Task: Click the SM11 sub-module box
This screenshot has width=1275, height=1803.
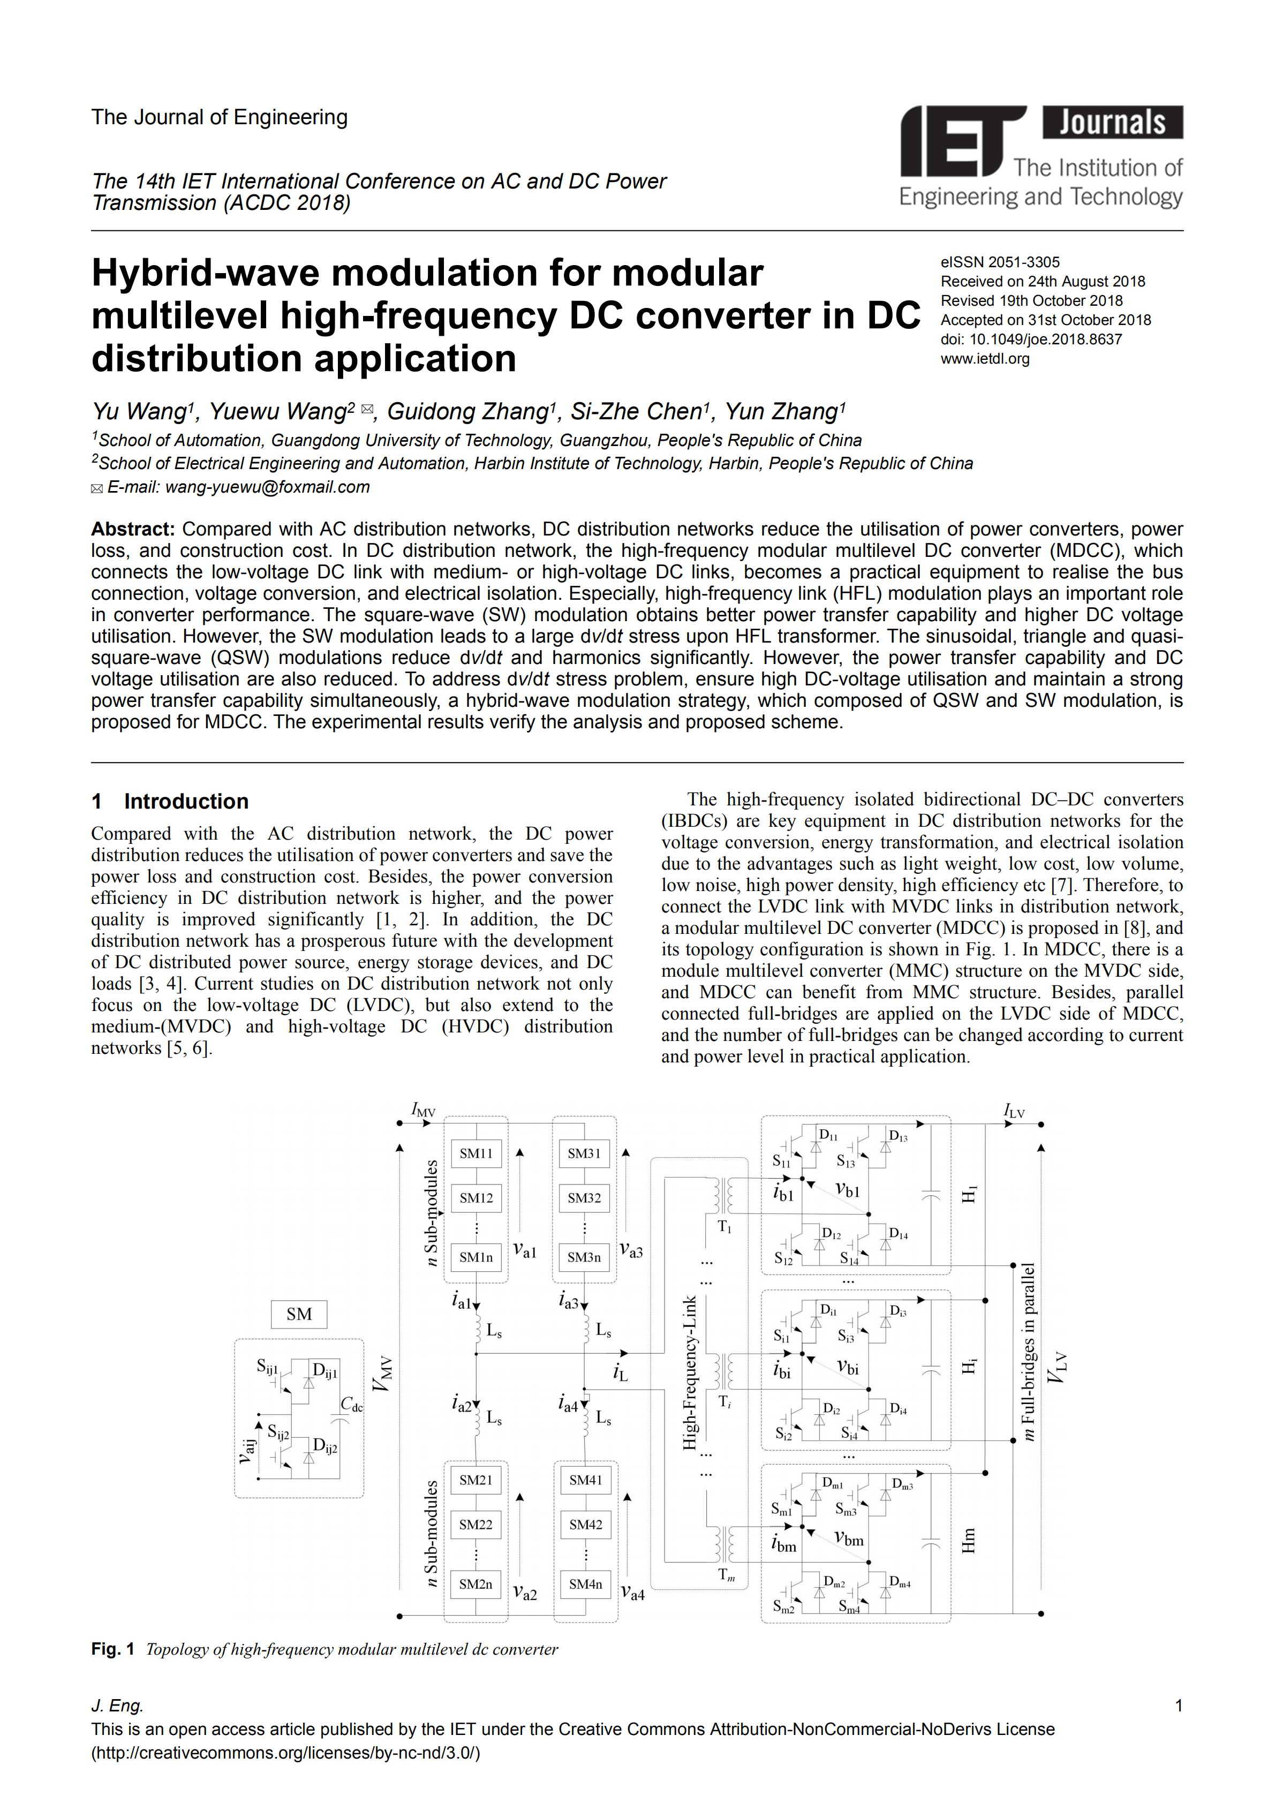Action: coord(476,1153)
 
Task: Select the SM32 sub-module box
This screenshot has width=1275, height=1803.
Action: coord(584,1198)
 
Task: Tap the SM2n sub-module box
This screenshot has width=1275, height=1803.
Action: coord(476,1585)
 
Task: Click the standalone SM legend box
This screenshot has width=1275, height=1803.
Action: coord(299,1314)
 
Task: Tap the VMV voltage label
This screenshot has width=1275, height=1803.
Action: coord(382,1374)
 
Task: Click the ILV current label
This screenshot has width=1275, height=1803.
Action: coord(1014,1111)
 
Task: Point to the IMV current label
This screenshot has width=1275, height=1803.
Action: coord(423,1110)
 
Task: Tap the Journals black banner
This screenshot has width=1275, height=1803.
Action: coord(1113,123)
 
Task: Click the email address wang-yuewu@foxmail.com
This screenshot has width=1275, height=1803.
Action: coord(267,487)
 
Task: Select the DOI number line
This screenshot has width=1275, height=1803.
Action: coord(1031,340)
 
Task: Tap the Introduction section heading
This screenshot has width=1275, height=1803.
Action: coord(186,801)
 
